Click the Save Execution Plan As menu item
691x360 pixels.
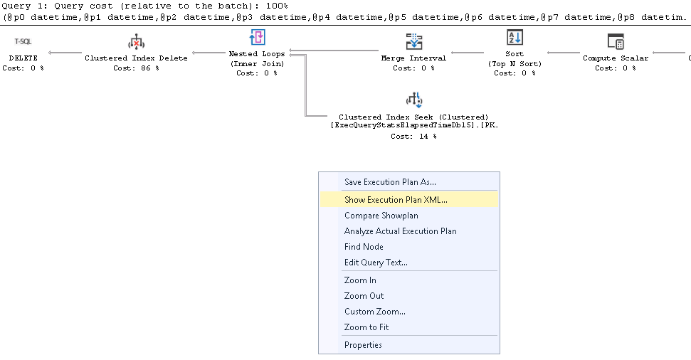[390, 182]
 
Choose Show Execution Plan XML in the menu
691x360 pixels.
[396, 200]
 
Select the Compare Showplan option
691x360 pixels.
[381, 216]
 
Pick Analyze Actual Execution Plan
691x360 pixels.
[400, 231]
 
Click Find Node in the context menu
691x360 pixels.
[364, 247]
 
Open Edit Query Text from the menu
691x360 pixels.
[376, 263]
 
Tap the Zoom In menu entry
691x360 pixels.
[360, 280]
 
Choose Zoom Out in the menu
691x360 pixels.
[364, 296]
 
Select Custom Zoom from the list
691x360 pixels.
[374, 312]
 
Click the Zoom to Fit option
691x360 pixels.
[366, 327]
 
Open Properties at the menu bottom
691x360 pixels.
[363, 345]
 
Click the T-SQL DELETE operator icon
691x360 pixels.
[23, 41]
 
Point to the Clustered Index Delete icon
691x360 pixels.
[136, 41]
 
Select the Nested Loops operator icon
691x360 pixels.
[257, 38]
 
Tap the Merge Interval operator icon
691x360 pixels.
[413, 41]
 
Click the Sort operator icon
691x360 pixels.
[515, 38]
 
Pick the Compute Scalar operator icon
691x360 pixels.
[616, 41]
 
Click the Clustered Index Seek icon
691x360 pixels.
[413, 100]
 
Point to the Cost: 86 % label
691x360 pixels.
[136, 68]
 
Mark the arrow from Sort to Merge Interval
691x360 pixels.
[467, 53]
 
